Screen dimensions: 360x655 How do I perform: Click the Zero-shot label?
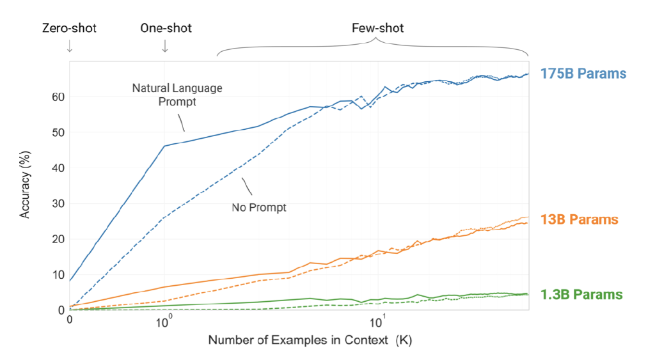click(69, 29)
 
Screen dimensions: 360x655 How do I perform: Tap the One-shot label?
click(166, 29)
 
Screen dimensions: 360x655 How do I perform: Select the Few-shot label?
click(377, 29)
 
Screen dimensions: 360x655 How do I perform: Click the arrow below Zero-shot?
click(69, 47)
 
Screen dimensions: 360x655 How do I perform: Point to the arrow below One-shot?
click(165, 47)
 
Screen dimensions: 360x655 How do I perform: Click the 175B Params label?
click(583, 74)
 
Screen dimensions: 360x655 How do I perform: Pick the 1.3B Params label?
click(581, 295)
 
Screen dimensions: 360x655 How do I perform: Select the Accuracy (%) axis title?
click(26, 185)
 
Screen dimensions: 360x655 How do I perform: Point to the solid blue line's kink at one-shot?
click(165, 146)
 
